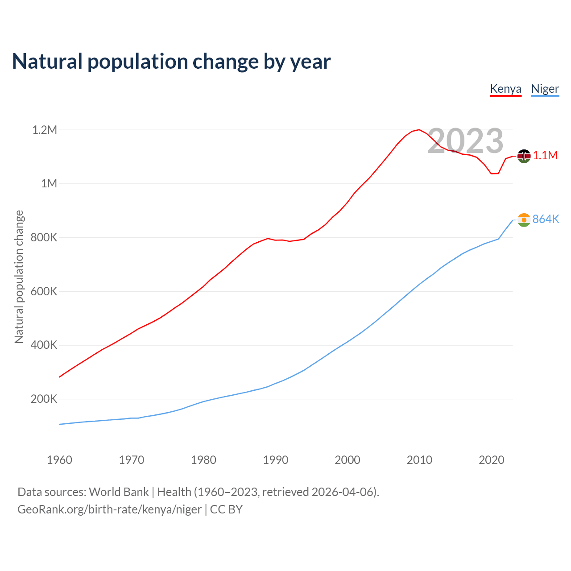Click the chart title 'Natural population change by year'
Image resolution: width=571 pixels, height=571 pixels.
171,62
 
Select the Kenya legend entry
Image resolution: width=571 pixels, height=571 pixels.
505,89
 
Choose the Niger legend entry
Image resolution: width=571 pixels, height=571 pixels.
545,89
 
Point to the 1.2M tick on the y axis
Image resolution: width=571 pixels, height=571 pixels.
45,130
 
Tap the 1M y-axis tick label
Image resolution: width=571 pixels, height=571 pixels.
49,183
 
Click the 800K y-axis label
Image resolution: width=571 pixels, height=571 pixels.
44,237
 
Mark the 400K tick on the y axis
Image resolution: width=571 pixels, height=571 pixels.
44,345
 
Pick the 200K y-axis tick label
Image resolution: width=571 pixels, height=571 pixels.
44,399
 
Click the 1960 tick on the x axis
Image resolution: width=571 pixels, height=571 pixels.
59,460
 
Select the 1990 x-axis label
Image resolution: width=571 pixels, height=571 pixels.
275,460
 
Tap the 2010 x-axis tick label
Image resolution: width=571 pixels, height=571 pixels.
419,460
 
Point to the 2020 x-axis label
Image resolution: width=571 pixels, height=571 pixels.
491,460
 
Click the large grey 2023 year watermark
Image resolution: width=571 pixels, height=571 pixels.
465,141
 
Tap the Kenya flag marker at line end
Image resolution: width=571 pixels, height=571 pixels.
524,156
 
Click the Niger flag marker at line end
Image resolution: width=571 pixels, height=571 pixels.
524,219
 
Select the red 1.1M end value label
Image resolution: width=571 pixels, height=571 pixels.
545,155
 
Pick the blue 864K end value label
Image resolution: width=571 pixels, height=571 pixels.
546,219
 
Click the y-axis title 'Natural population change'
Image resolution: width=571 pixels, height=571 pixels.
19,277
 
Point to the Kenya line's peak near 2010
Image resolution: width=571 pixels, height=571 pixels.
419,130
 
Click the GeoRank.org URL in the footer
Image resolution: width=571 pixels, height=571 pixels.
109,509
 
